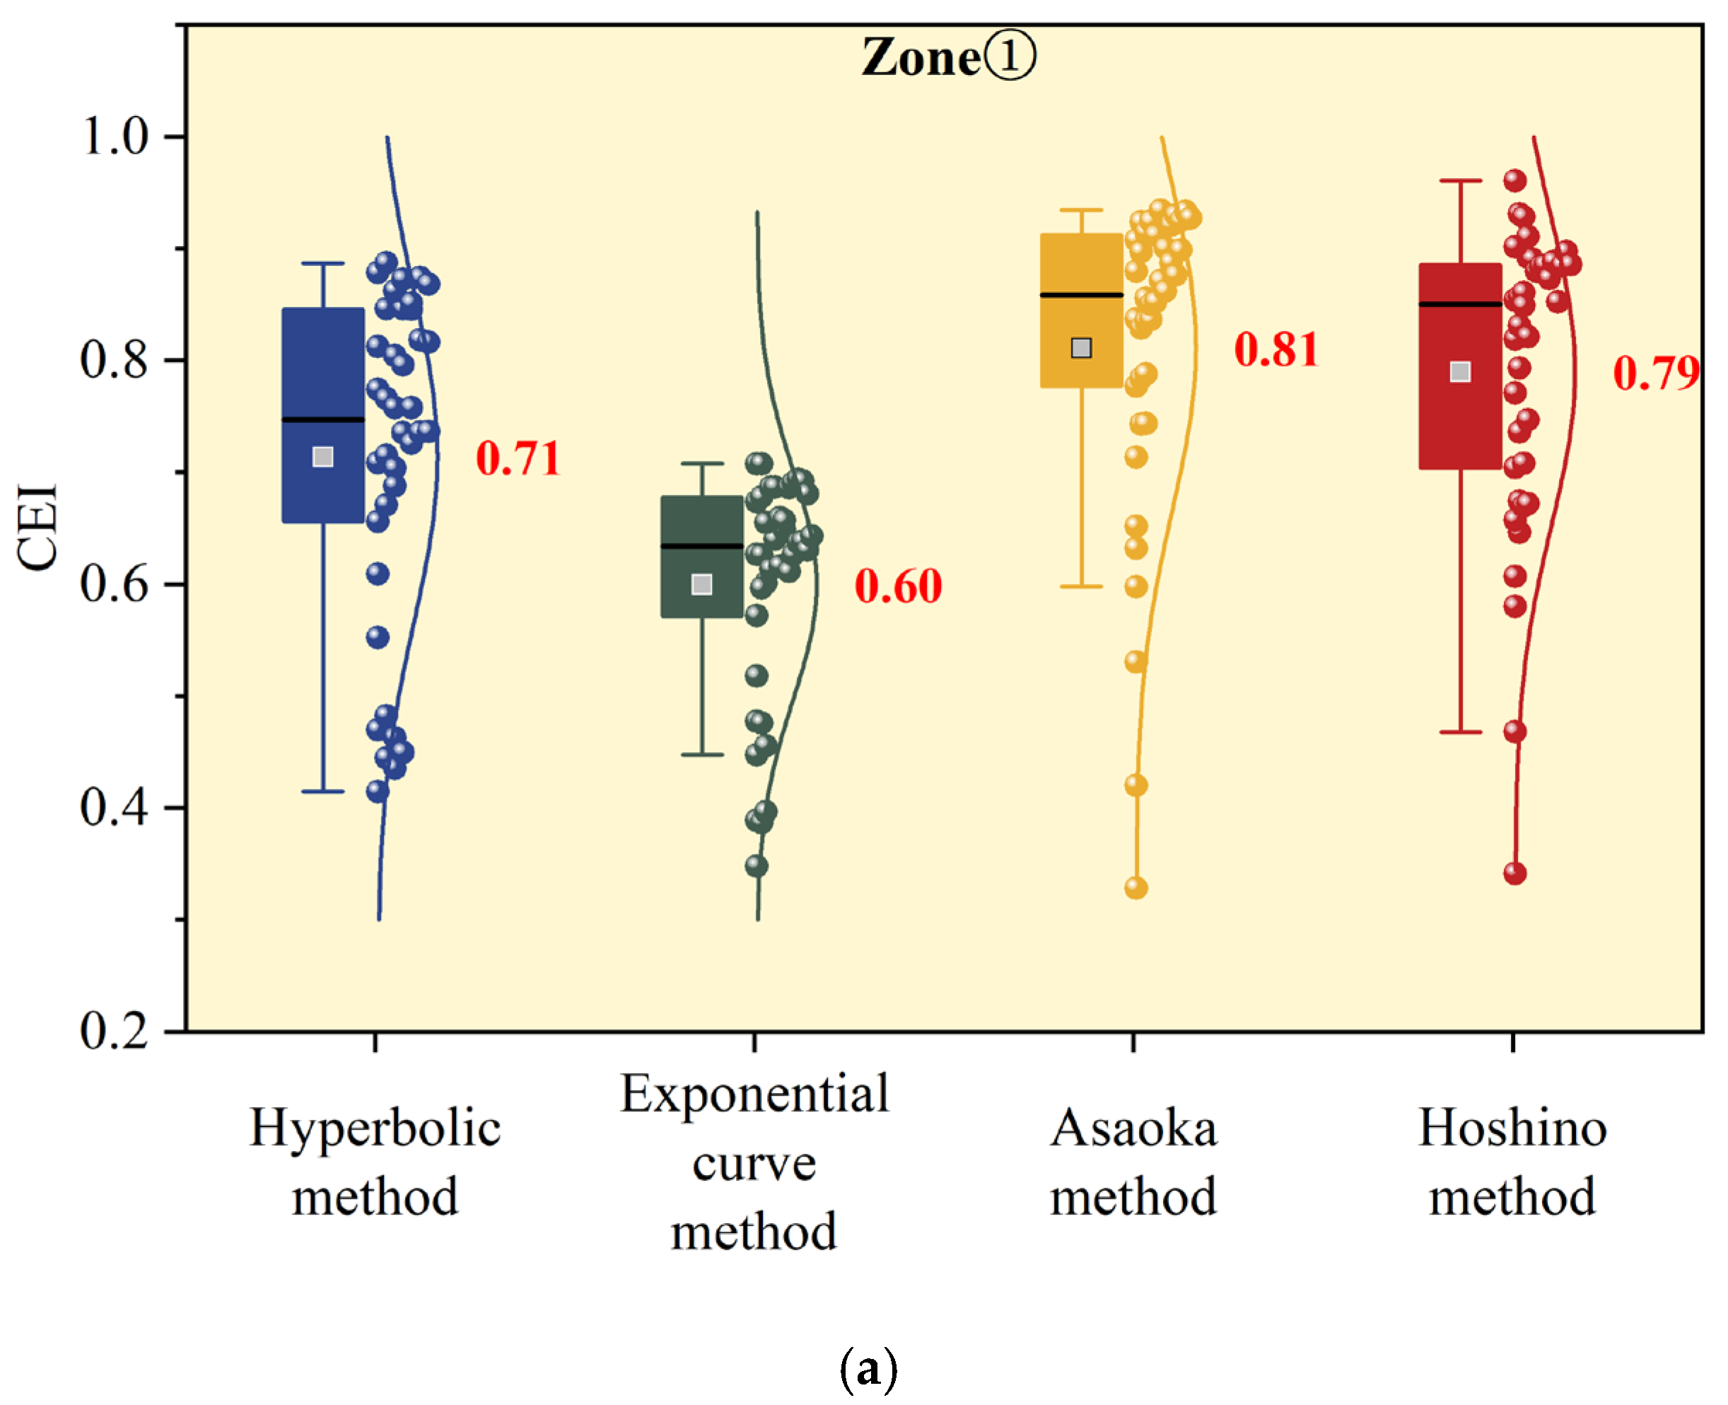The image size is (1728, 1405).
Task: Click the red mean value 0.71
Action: pos(518,459)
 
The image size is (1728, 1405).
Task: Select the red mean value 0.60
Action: pos(898,586)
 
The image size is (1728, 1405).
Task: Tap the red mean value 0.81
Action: pos(1275,349)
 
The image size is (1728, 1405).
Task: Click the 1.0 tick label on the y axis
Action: pos(116,135)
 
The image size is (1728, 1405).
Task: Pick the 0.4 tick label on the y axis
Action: pos(116,807)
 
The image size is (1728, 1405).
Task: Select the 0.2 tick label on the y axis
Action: pos(116,1030)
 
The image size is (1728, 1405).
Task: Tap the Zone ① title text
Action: pos(947,58)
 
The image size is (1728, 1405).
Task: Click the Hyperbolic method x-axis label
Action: pos(375,1162)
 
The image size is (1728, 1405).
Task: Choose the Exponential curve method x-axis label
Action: pos(754,1162)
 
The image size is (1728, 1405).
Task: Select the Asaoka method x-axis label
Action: pos(1133,1162)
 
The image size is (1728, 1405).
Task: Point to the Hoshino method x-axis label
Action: pos(1512,1162)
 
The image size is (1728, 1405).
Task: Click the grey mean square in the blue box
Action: pos(323,457)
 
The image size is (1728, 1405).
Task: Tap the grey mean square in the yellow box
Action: pos(1081,348)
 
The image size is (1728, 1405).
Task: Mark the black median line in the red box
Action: pos(1460,304)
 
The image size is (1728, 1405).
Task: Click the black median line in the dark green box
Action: pos(702,546)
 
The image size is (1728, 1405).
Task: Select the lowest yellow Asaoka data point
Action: pos(1136,888)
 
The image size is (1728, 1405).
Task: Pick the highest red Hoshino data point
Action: pos(1514,180)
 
